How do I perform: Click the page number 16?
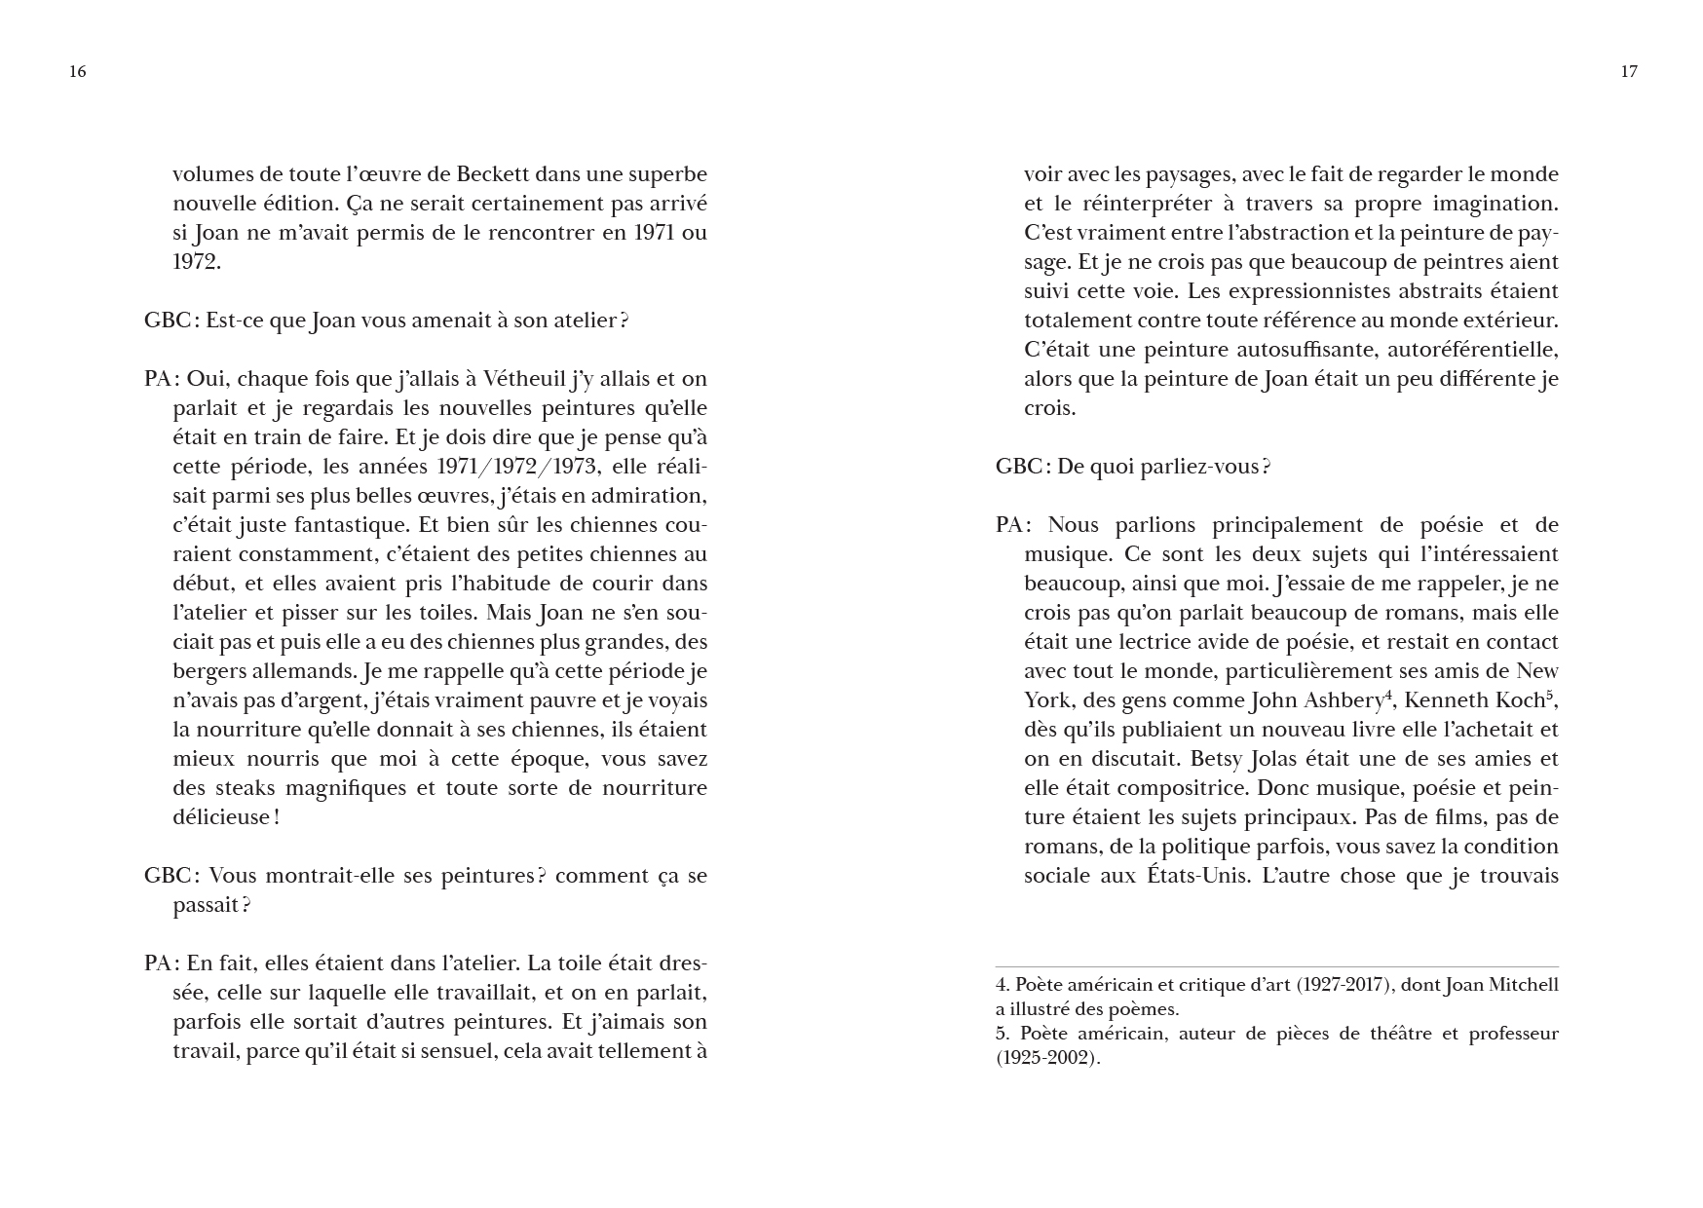click(x=78, y=71)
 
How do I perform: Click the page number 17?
click(x=1629, y=71)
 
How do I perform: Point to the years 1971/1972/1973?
click(x=516, y=467)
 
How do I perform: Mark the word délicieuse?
click(x=220, y=817)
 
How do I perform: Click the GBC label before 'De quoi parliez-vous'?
click(x=1019, y=467)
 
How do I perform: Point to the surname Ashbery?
click(x=1343, y=700)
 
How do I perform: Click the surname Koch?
click(x=1518, y=700)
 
